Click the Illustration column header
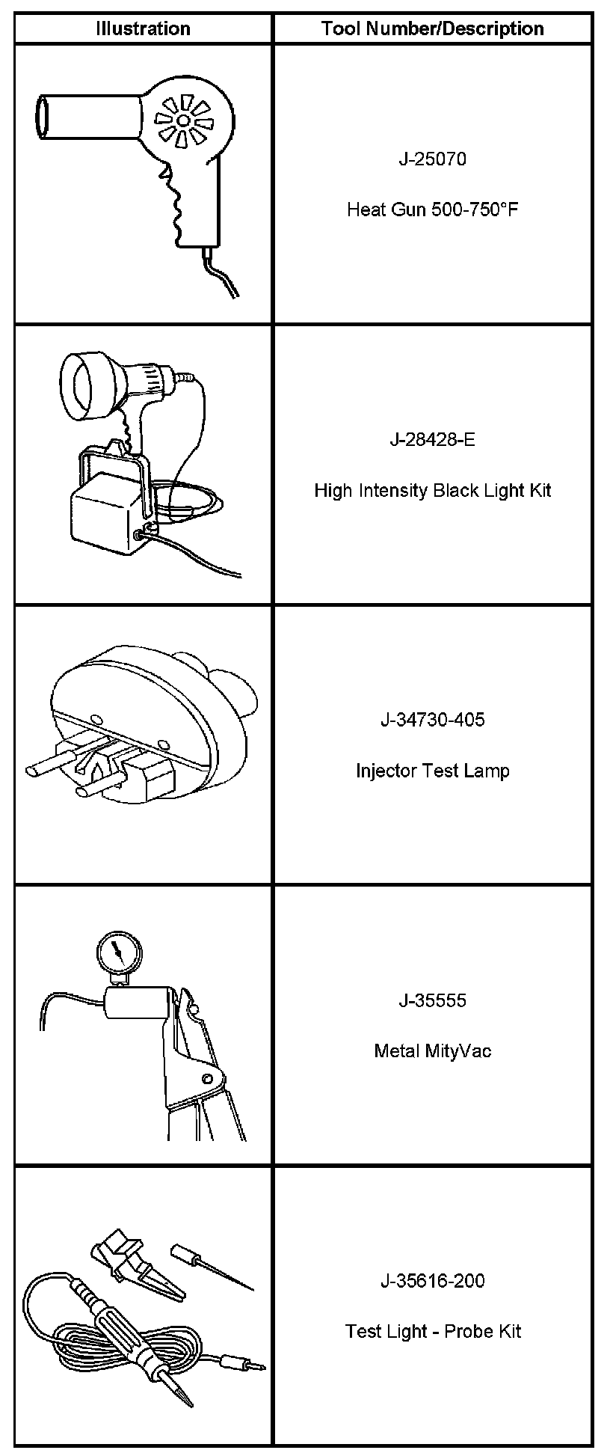[x=143, y=28]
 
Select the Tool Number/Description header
[x=432, y=28]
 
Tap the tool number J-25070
[x=432, y=159]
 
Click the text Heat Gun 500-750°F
[x=432, y=209]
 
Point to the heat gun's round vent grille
[x=183, y=120]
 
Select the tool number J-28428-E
[x=432, y=439]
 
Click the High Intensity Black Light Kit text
[x=432, y=490]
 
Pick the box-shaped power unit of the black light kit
[x=105, y=516]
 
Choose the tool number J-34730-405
[x=432, y=720]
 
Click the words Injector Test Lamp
[x=432, y=771]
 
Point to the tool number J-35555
[x=432, y=1000]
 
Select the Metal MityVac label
[x=432, y=1051]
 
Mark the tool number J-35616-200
[x=432, y=1281]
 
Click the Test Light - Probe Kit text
[x=432, y=1332]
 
